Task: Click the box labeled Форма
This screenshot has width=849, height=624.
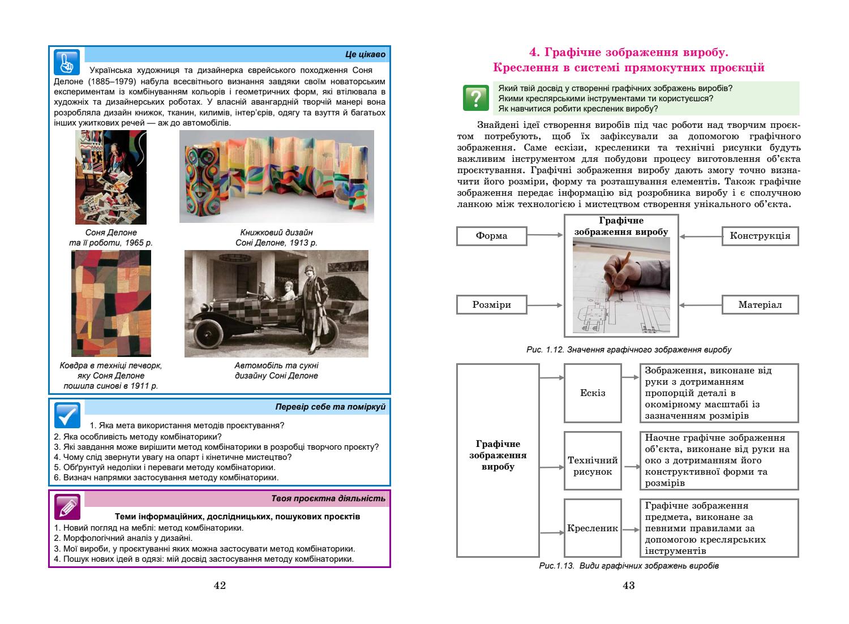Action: [x=491, y=236]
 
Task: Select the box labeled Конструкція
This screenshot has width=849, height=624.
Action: [x=760, y=236]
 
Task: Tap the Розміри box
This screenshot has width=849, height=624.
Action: [x=491, y=305]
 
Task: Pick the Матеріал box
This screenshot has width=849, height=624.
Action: [x=760, y=305]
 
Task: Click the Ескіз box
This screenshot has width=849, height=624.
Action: [x=593, y=393]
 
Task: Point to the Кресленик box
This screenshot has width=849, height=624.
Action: [x=593, y=529]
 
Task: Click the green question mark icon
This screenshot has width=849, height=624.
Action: [x=475, y=98]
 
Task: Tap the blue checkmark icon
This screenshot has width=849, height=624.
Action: [x=67, y=415]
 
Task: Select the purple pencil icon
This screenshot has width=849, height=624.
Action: [x=67, y=506]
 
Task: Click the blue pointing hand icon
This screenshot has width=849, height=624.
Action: [x=67, y=61]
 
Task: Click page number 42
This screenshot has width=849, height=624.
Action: [x=220, y=586]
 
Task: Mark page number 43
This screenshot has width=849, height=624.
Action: [x=628, y=586]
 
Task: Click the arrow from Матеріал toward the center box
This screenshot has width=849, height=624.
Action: [x=700, y=305]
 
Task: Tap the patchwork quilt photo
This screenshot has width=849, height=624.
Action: [x=111, y=303]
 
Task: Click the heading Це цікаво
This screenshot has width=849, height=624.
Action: [x=365, y=55]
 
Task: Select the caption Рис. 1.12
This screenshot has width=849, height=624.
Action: [x=628, y=350]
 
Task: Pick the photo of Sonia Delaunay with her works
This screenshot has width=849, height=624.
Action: [x=111, y=177]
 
